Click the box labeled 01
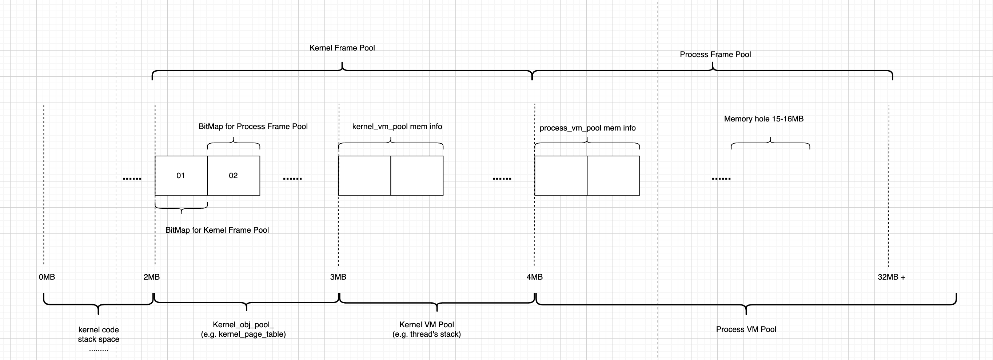pos(181,176)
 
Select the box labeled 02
pos(233,176)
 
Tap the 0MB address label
pos(47,277)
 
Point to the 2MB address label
pos(151,277)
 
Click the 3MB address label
pos(338,277)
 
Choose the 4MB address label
pos(535,277)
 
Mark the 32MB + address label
pos(891,277)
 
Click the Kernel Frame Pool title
pos(342,48)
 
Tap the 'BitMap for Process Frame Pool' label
pos(253,127)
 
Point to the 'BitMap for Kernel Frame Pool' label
pos(217,230)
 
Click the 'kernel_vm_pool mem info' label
pos(397,127)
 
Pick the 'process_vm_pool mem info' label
pos(587,128)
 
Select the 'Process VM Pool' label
pos(746,329)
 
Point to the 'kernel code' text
pos(99,330)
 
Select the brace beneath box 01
pos(181,208)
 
